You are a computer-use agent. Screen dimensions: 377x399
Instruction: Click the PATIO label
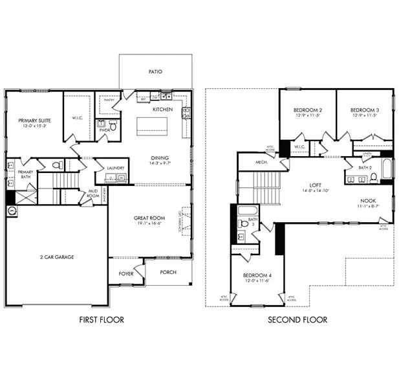click(155, 72)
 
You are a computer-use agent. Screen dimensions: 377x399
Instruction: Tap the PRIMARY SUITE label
click(35, 120)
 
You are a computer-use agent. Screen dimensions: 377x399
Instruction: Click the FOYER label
click(125, 273)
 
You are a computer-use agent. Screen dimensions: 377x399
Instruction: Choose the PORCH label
click(168, 272)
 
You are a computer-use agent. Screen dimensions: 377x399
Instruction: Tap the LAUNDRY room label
click(116, 168)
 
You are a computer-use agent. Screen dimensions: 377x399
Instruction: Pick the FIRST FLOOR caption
click(102, 319)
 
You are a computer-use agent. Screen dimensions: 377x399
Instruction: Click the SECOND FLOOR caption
click(297, 319)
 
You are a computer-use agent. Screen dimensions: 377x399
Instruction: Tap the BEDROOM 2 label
click(307, 111)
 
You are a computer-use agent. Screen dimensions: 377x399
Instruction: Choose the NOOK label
click(369, 201)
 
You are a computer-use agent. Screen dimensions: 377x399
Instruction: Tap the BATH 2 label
click(365, 168)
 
